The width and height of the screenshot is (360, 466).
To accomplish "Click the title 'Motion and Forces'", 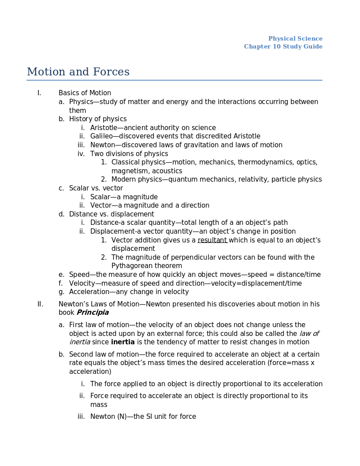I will [x=78, y=72].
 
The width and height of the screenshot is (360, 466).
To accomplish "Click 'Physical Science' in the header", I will [x=295, y=39].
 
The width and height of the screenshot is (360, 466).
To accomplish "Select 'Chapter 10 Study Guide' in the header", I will [x=283, y=47].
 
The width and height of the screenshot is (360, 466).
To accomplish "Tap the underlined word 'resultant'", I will [x=212, y=240].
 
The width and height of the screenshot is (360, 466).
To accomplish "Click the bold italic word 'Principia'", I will [x=93, y=313].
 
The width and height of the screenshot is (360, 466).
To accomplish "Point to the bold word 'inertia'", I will [x=123, y=342].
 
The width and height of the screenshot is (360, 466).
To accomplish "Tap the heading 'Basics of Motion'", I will [x=85, y=93].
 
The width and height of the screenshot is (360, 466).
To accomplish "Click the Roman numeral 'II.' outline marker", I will [x=40, y=304].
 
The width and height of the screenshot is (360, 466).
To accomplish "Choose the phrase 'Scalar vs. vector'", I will [x=96, y=188].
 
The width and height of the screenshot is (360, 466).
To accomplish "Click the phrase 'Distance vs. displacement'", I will [x=111, y=214].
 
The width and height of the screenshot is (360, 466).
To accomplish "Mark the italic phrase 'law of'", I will [x=309, y=334].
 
